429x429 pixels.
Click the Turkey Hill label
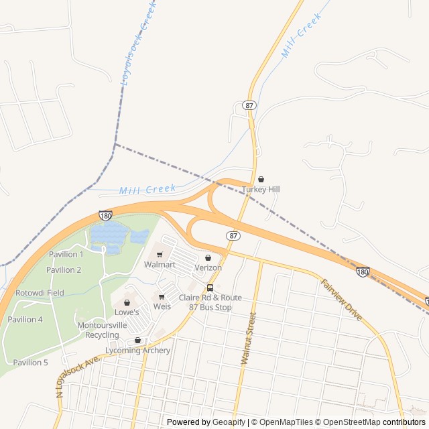pos(261,190)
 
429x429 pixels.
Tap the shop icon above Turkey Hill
pos(261,180)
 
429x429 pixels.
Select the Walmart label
pos(160,265)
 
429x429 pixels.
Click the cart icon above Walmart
pos(160,255)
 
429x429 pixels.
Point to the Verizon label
pos(208,267)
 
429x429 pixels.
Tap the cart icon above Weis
pos(162,296)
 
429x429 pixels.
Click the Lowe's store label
pos(127,312)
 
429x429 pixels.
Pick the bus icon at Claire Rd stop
pos(210,288)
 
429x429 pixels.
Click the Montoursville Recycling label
pos(102,330)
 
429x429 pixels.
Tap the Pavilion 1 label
pos(66,255)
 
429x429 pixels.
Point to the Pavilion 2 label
pos(64,270)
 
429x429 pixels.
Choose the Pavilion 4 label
pos(25,320)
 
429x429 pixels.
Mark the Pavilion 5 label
pos(30,363)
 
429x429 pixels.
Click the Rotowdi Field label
pos(40,293)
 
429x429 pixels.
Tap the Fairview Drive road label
pos(342,300)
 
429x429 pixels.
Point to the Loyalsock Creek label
pos(139,42)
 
